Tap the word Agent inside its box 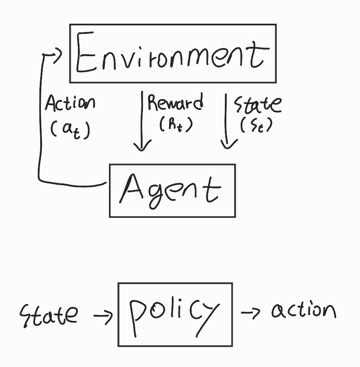coord(170,190)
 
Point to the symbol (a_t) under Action coord(70,129)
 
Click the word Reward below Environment coord(175,103)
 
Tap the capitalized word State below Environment coord(257,104)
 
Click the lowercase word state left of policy coord(48,314)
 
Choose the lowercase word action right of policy coord(303,311)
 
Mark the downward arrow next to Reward coord(142,121)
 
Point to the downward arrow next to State coord(227,121)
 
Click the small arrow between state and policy coord(103,314)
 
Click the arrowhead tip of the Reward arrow coord(142,150)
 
